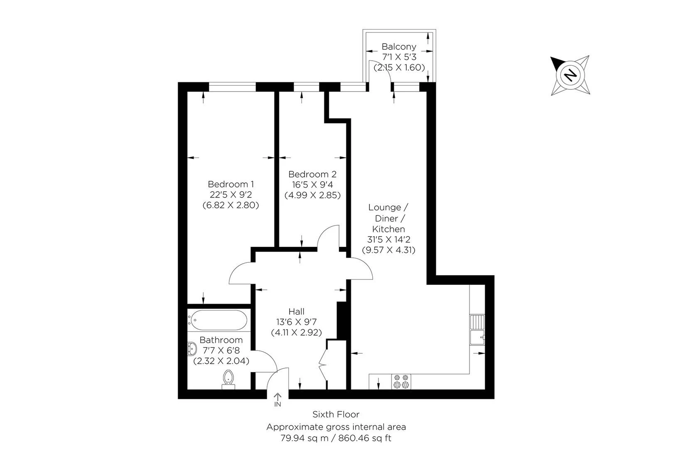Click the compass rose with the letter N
(571, 75)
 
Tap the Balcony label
(398, 46)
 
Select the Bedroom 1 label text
(231, 184)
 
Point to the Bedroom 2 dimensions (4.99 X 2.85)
(312, 195)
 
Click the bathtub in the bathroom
(218, 320)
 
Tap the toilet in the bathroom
(228, 379)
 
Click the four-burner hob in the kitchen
(401, 382)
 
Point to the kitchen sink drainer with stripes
(477, 322)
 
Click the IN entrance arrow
(278, 400)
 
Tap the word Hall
(296, 311)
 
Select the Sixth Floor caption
(336, 414)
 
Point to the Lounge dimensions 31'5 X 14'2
(388, 239)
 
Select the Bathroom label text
(221, 340)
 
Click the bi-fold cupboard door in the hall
(323, 365)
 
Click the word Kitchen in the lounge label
(388, 229)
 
